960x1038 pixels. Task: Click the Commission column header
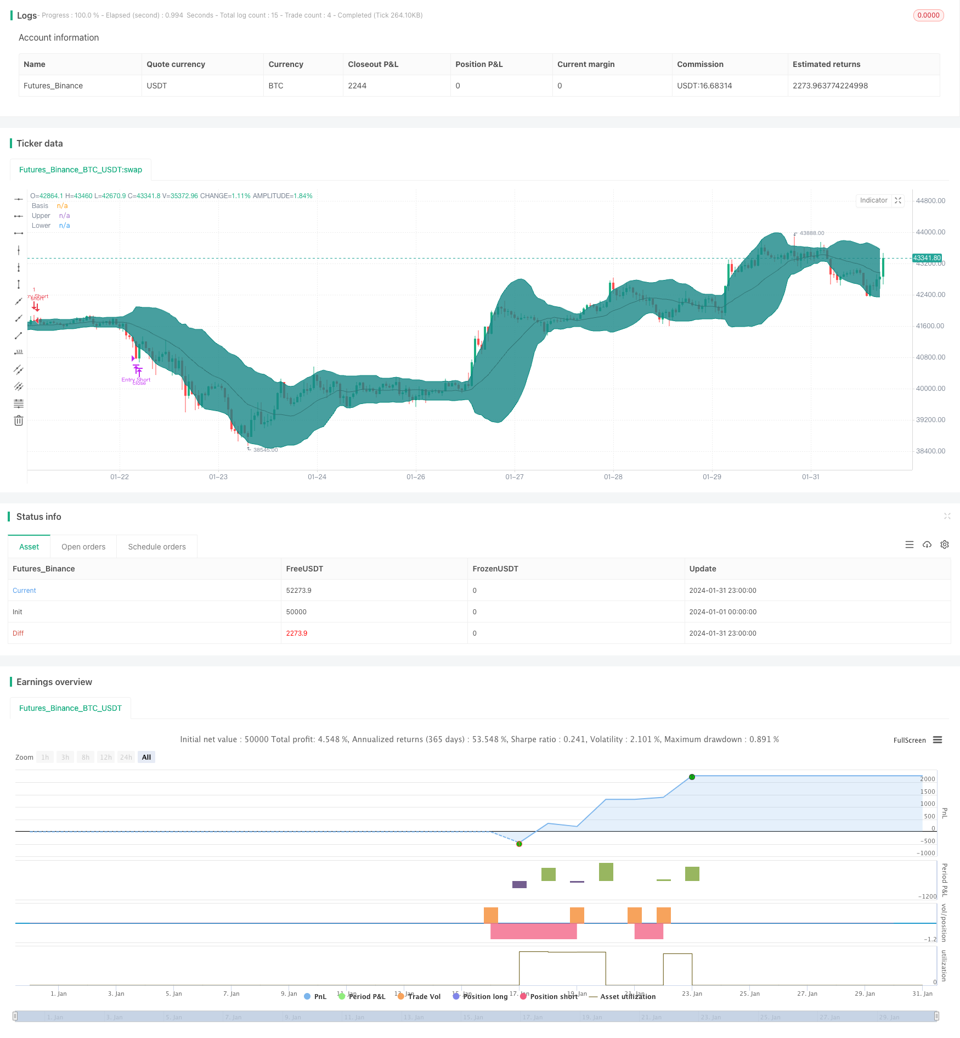tap(700, 64)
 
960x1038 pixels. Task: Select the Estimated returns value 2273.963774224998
tap(830, 86)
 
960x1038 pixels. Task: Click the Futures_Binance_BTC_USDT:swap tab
tap(81, 170)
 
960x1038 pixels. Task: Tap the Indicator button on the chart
tap(873, 200)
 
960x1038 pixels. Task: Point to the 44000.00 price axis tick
tap(930, 232)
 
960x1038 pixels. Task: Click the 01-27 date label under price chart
tap(514, 477)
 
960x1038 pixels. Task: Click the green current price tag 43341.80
tap(927, 258)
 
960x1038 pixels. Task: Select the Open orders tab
tap(83, 547)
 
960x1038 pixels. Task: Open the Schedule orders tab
tap(157, 547)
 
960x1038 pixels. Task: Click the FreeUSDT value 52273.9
tap(298, 591)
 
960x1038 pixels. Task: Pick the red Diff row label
tap(18, 633)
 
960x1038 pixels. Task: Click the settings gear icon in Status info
tap(945, 545)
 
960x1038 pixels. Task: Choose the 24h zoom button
tap(126, 758)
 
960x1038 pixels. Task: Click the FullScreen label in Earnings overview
tap(909, 740)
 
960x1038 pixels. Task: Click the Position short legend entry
tap(554, 997)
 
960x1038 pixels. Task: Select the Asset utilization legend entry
tap(628, 997)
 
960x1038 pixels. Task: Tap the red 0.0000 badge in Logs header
tap(928, 15)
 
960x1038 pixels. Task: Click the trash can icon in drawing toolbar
tap(19, 421)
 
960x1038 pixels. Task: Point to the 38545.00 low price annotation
tap(266, 450)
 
